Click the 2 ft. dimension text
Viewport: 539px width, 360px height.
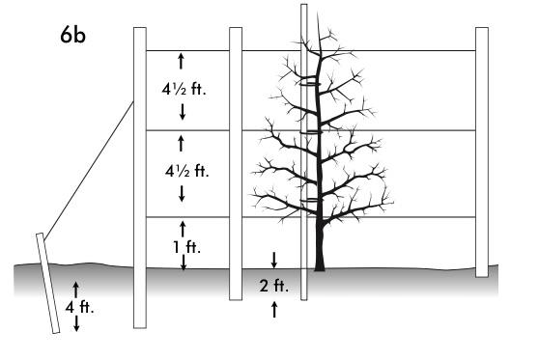tap(274, 285)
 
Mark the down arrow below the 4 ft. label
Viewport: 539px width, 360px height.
tap(76, 325)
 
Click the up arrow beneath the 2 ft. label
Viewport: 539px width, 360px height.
tap(274, 308)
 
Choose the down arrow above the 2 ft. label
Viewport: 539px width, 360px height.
tap(274, 260)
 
